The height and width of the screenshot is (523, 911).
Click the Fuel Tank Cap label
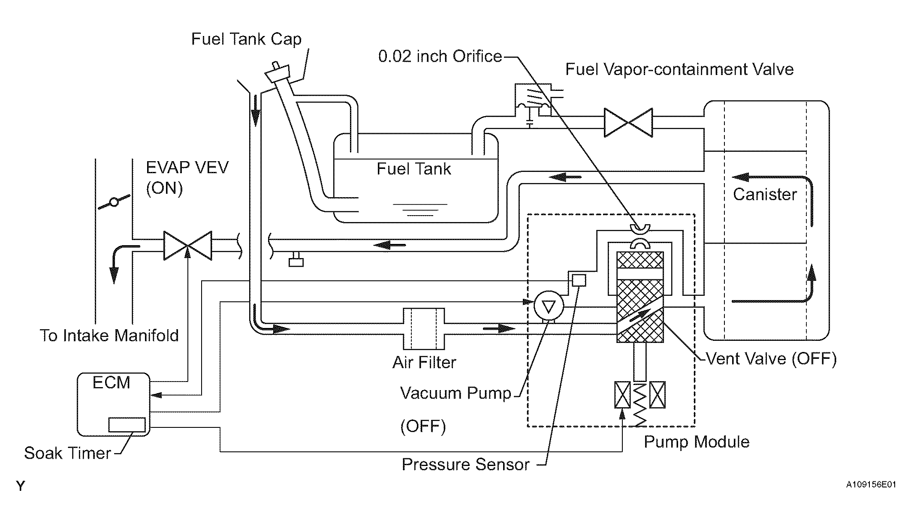pos(246,39)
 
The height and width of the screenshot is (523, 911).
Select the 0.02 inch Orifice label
pos(440,56)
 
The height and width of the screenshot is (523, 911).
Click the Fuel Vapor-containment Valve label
pos(679,69)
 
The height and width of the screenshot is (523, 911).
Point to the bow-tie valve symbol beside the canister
pos(628,123)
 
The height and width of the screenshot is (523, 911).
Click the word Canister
pos(765,194)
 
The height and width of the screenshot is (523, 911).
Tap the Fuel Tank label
pos(414,168)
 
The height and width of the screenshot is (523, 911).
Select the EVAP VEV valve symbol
pos(187,246)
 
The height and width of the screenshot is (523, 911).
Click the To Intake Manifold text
pos(109,335)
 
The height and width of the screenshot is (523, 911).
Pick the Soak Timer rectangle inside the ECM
pos(127,424)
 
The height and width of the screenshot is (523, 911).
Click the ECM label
pos(112,382)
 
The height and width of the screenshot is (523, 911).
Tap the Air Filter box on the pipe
pos(424,329)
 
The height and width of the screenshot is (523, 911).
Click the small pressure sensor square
pos(579,280)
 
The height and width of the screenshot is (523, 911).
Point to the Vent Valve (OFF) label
pos(771,359)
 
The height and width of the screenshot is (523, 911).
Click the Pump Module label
pos(697,442)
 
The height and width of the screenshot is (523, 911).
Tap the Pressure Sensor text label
pos(466,465)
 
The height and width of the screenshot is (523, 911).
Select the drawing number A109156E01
pos(871,485)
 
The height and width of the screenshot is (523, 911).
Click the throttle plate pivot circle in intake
pos(114,202)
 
